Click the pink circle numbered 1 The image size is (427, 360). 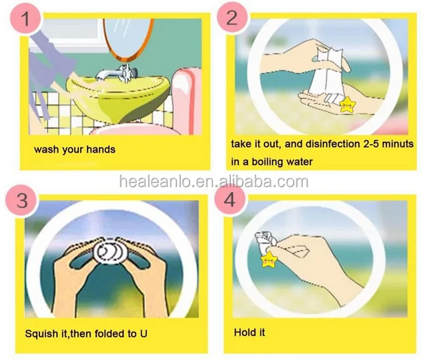point(26,18)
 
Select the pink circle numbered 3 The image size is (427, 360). point(22,200)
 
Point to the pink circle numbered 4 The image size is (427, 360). point(230,199)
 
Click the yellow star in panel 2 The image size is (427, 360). point(347,105)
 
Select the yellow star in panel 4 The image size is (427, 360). point(268,259)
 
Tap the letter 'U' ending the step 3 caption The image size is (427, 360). point(143,333)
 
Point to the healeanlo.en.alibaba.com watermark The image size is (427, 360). point(213,181)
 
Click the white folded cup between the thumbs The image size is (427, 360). point(110,252)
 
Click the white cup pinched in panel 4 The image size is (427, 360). point(264,241)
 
